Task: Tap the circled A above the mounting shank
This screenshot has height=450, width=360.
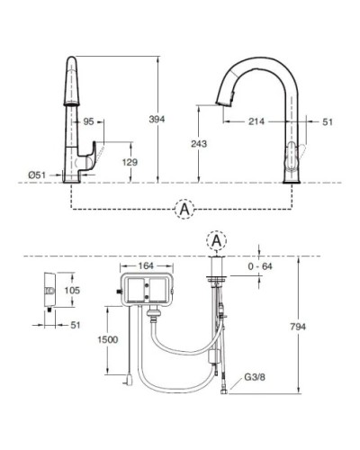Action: [217, 241]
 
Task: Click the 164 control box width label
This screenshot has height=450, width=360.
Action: [148, 266]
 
